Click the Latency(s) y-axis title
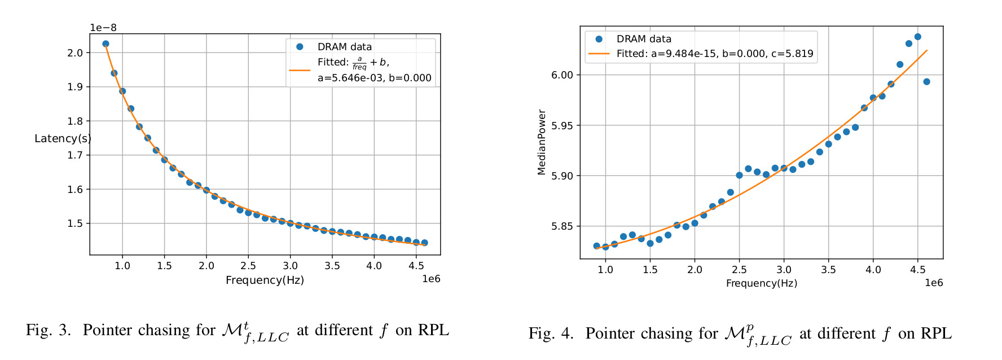(63, 139)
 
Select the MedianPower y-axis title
(542, 142)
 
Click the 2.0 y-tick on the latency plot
(75, 53)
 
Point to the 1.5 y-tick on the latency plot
(75, 223)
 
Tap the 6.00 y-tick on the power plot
(562, 75)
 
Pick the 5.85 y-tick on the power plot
(562, 226)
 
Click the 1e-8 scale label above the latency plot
(103, 28)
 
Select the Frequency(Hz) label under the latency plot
(265, 280)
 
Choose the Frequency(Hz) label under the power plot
(761, 283)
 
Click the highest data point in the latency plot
(106, 43)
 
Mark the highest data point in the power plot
(917, 37)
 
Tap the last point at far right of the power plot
(926, 82)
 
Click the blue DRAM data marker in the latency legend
(300, 47)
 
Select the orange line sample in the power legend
(599, 54)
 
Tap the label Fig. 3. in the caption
(49, 330)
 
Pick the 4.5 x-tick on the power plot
(917, 270)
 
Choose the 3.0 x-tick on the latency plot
(290, 266)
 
